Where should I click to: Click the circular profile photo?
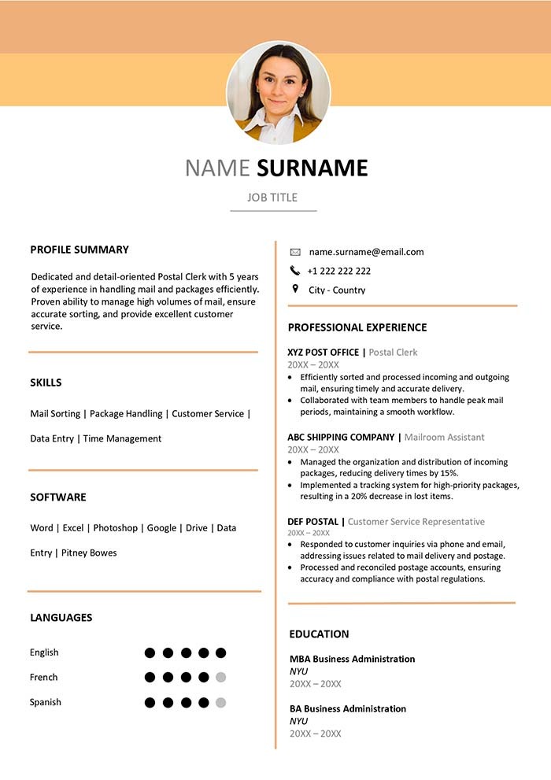pyautogui.click(x=279, y=93)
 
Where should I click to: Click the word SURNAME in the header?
pyautogui.click(x=312, y=168)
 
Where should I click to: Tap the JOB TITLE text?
pyautogui.click(x=272, y=198)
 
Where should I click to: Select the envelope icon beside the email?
pyautogui.click(x=295, y=252)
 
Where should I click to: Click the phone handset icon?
pyautogui.click(x=295, y=271)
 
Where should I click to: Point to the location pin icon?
pyautogui.click(x=295, y=289)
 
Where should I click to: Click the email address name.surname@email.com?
pyautogui.click(x=366, y=252)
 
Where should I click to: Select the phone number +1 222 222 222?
pyautogui.click(x=339, y=271)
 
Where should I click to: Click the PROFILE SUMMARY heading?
pyautogui.click(x=80, y=250)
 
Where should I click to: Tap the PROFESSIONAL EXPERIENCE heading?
pyautogui.click(x=357, y=327)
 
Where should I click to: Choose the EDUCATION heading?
pyautogui.click(x=319, y=634)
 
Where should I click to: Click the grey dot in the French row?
pyautogui.click(x=221, y=677)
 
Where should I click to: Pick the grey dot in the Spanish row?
pyautogui.click(x=221, y=702)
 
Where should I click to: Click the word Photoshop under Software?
pyautogui.click(x=115, y=528)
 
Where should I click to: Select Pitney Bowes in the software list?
pyautogui.click(x=89, y=553)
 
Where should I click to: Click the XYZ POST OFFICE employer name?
pyautogui.click(x=323, y=353)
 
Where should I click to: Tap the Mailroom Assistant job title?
pyautogui.click(x=444, y=438)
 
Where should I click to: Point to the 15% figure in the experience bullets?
pyautogui.click(x=449, y=473)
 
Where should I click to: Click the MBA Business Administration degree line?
pyautogui.click(x=352, y=659)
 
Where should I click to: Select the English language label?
pyautogui.click(x=44, y=652)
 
